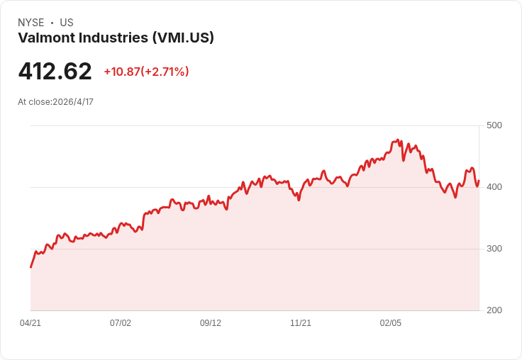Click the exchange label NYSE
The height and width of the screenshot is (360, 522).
tap(31, 23)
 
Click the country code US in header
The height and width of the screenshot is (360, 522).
tap(66, 23)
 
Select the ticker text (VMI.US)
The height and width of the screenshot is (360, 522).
tap(183, 38)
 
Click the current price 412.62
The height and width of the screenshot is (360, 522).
tap(55, 72)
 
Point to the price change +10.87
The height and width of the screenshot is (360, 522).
tap(121, 72)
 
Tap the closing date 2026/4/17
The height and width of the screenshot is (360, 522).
tap(73, 102)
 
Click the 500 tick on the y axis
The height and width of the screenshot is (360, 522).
tap(494, 125)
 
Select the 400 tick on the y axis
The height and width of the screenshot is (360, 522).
tap(494, 187)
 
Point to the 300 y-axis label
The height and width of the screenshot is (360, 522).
tap(494, 249)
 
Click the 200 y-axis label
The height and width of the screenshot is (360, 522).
tap(494, 310)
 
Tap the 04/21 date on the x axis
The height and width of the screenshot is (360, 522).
tap(30, 323)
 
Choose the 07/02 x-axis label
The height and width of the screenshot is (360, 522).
tap(121, 323)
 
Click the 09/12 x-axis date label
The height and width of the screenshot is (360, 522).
tap(211, 323)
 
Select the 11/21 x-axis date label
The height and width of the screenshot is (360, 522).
tap(301, 323)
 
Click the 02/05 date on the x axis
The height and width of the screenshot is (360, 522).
tap(391, 323)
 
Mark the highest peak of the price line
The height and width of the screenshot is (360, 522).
tap(398, 140)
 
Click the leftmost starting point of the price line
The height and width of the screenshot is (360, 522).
tap(30, 267)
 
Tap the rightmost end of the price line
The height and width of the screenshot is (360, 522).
tap(479, 180)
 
